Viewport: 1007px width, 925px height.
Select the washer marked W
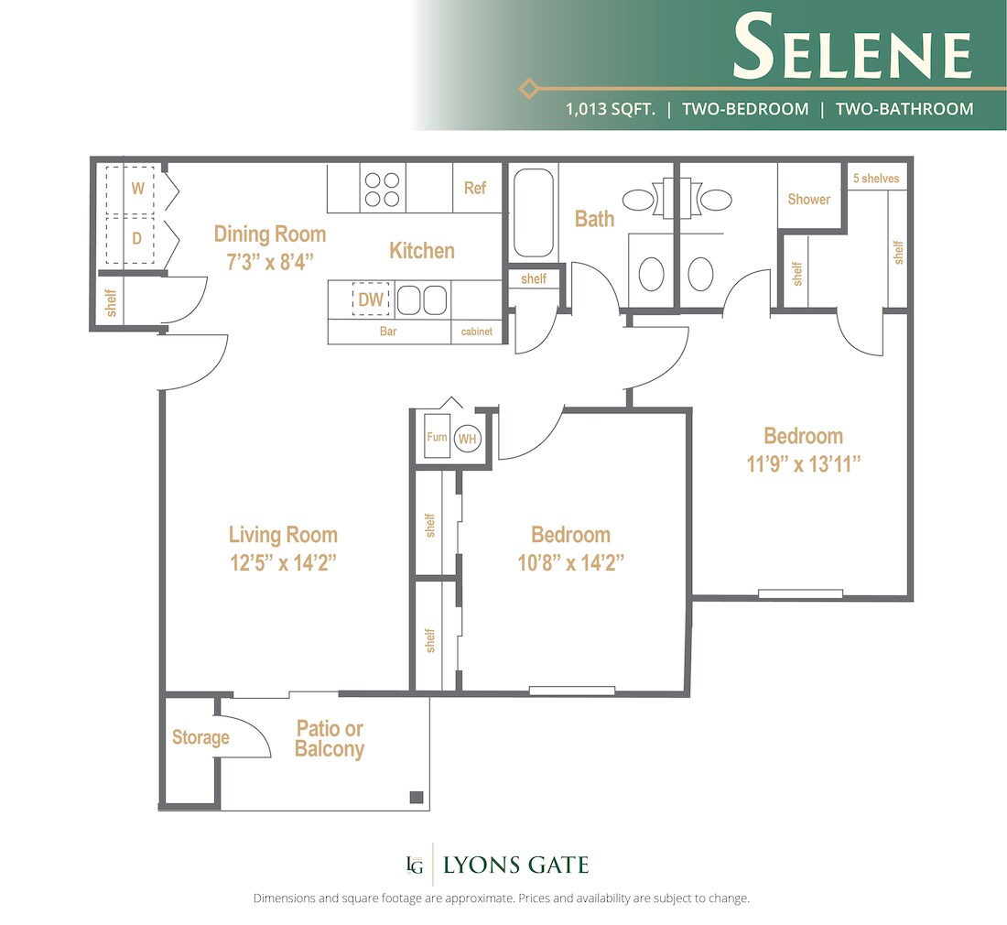(138, 190)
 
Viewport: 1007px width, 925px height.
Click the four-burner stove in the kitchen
(383, 188)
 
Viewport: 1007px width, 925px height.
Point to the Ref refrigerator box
(475, 188)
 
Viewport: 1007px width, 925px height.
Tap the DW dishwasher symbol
(371, 299)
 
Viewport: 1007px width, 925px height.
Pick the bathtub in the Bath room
(533, 212)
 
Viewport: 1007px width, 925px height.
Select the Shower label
(808, 199)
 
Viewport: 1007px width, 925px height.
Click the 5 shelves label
(876, 179)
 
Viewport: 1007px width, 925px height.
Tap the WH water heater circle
(467, 439)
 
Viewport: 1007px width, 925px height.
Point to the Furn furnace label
(437, 438)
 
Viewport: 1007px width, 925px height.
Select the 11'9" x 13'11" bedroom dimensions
(803, 463)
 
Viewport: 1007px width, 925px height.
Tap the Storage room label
(200, 737)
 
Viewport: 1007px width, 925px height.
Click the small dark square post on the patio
(416, 797)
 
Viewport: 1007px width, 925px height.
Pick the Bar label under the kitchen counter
(388, 332)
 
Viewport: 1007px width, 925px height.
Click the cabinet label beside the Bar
(477, 332)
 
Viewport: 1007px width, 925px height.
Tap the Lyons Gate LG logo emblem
(415, 865)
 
